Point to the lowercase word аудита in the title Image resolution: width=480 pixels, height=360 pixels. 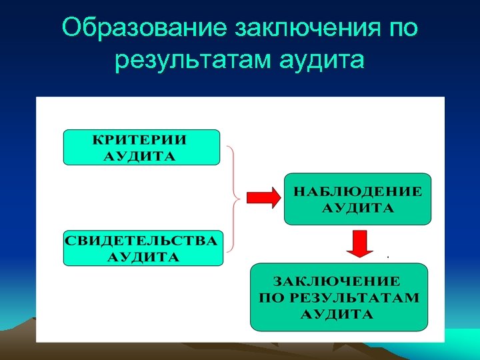[323, 61]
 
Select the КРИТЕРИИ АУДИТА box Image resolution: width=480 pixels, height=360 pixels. [141, 147]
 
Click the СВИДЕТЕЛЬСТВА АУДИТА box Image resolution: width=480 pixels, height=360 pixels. [143, 248]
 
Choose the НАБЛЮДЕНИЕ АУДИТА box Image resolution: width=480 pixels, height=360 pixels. [357, 199]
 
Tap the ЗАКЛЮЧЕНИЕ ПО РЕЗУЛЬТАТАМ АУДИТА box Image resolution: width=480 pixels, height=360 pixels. [339, 297]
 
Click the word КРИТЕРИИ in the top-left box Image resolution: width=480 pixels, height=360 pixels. [139, 140]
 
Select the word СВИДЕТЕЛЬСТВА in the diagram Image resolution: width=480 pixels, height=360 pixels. [143, 241]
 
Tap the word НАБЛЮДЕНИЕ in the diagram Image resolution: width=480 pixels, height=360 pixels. [358, 191]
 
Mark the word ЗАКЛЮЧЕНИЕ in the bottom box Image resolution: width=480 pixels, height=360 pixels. [339, 281]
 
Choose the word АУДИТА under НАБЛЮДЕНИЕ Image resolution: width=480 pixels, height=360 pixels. [358, 207]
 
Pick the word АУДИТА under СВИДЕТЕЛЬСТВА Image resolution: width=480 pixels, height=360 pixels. [143, 257]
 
